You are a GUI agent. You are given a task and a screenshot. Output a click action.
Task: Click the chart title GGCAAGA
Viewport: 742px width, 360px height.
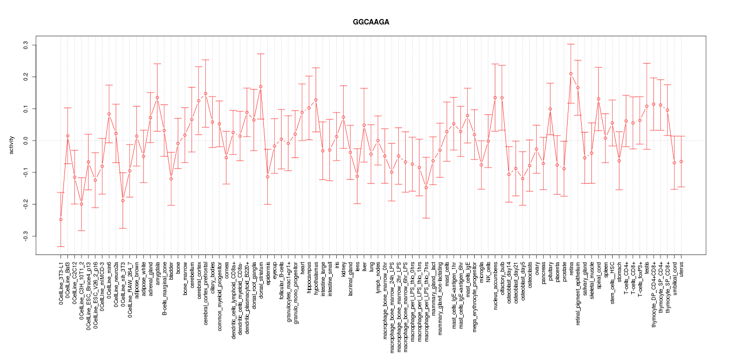[371, 22]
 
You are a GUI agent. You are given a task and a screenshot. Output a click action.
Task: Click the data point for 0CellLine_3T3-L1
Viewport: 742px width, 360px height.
[60, 219]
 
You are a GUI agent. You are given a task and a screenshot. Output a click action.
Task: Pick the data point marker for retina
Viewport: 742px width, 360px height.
[571, 73]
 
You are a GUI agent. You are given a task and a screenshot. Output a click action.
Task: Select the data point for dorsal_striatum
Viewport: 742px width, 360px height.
[260, 86]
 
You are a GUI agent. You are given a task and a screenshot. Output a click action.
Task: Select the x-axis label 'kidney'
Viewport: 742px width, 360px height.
[344, 268]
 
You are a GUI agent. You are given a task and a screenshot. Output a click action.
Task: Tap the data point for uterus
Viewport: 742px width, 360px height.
[681, 161]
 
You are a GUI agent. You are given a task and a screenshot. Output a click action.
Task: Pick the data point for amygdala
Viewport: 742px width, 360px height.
[157, 97]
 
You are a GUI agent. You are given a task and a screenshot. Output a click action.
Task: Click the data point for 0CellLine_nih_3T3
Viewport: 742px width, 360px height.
[122, 200]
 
